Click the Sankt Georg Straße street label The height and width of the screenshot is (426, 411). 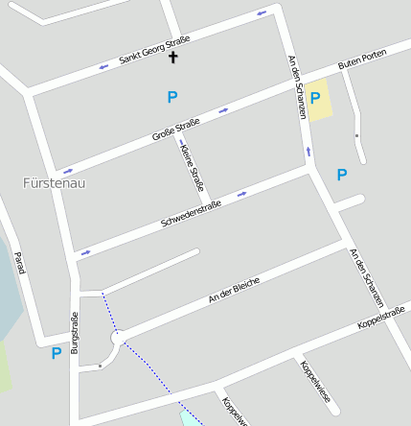pos(154,51)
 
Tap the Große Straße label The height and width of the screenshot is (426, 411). pos(176,130)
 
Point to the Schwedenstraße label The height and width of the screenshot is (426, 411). pos(191,212)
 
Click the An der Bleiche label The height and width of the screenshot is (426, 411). pos(234,289)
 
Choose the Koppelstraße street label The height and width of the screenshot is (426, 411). pos(381,318)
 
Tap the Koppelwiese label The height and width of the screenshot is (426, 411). pos(313,379)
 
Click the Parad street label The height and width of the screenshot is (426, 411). pos(18,262)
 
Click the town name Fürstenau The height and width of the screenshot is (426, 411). pos(54,182)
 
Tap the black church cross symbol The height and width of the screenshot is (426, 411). pos(173,59)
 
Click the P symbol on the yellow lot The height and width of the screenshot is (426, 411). pos(314,97)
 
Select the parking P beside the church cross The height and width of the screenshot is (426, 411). pos(172,96)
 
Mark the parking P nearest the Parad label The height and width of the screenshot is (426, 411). pos(56,353)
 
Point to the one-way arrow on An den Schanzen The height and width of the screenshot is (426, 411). pos(308,151)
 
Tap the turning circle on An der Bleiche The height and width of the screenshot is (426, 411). pos(118,338)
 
